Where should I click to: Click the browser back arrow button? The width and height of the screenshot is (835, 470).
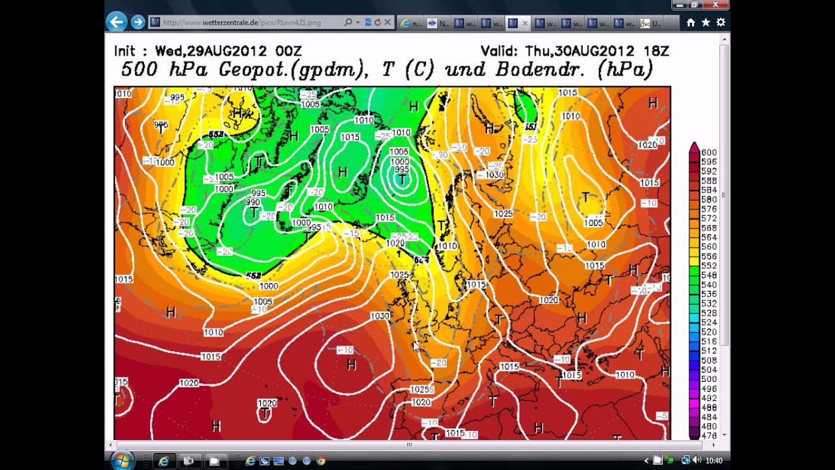click(116, 22)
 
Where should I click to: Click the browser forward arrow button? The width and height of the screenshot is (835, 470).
click(138, 22)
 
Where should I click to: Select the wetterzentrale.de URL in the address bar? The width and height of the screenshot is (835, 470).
click(241, 22)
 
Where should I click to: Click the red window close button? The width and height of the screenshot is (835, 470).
click(716, 5)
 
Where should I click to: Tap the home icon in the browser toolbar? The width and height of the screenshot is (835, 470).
click(691, 22)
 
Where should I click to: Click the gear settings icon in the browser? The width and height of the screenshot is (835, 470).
click(721, 22)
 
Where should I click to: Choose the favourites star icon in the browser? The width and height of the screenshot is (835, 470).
click(706, 22)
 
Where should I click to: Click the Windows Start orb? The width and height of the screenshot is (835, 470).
click(122, 460)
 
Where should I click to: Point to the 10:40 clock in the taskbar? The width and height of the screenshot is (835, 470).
click(714, 460)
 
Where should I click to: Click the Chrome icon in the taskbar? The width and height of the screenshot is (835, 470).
click(320, 461)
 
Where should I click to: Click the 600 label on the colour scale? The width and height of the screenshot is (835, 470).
click(708, 152)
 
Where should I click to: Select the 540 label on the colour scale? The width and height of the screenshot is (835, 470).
click(708, 285)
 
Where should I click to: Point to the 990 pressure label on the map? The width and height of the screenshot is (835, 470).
click(252, 202)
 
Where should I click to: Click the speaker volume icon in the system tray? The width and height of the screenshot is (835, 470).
click(697, 460)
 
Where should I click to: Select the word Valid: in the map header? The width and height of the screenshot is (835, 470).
click(498, 51)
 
